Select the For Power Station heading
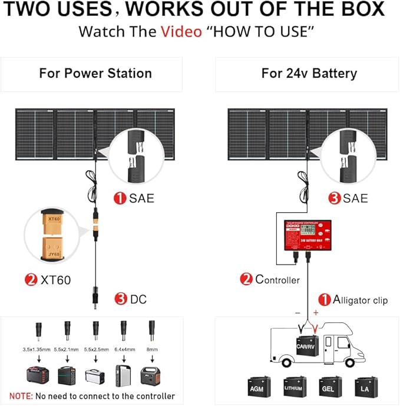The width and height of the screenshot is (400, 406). click(x=95, y=74)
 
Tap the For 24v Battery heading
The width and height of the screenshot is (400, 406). click(x=309, y=74)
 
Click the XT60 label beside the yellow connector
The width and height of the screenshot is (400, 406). click(x=55, y=280)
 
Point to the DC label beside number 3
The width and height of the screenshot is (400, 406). click(x=138, y=299)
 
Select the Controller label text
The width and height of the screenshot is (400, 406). click(x=277, y=280)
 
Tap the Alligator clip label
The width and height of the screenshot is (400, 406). click(x=360, y=300)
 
